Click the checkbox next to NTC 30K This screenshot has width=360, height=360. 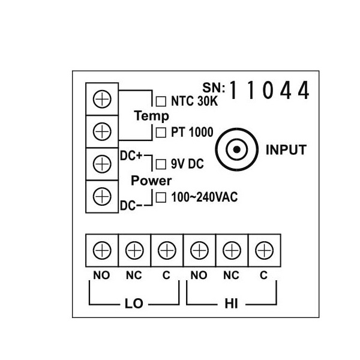(x=160, y=101)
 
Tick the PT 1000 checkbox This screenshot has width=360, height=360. (x=160, y=133)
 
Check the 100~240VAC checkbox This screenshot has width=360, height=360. (x=160, y=197)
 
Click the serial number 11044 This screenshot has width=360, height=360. (x=269, y=91)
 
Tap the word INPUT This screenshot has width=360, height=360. (x=286, y=149)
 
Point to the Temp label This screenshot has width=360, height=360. (x=151, y=116)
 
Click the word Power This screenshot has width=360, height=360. (x=151, y=180)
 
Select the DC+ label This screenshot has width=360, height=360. (x=131, y=155)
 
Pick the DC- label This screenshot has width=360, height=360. (x=131, y=206)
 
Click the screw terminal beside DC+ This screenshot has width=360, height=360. (x=103, y=163)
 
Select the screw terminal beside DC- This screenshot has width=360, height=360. (x=103, y=196)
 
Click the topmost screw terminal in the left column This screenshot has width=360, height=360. (x=103, y=100)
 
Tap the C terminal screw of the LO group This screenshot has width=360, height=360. (x=166, y=249)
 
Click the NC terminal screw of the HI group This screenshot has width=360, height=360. (x=231, y=249)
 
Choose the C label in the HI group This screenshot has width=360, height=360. (x=263, y=276)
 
